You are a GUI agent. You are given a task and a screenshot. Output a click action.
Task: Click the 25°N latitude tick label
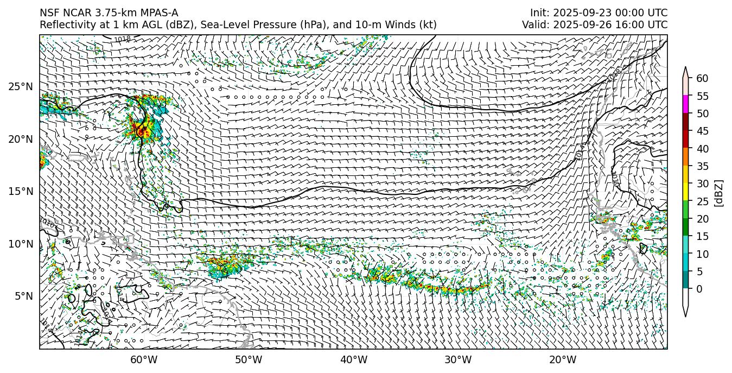[x=20, y=87]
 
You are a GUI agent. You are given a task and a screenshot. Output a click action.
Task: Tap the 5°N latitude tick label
[x=22, y=296]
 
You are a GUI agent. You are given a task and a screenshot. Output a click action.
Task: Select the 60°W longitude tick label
[x=144, y=359]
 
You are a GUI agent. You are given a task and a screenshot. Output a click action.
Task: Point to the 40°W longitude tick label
[x=354, y=359]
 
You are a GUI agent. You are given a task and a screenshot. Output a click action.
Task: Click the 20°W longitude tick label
[x=563, y=359]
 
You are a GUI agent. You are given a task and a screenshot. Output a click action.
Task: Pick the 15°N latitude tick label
[x=20, y=192]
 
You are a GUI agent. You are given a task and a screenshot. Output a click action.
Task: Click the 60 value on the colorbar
[x=702, y=79]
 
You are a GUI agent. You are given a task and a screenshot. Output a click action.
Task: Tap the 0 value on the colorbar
[x=699, y=289]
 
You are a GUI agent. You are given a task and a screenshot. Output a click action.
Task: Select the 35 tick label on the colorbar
[x=702, y=166]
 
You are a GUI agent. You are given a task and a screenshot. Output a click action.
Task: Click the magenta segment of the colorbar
[x=686, y=104]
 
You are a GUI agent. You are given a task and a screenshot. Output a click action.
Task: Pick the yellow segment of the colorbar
[x=686, y=192]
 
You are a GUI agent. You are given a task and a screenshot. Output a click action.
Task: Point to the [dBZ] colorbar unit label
[x=719, y=193]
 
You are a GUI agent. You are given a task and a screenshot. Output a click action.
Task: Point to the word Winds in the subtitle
[x=401, y=25]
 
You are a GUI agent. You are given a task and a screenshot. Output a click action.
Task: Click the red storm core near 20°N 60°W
[x=139, y=130]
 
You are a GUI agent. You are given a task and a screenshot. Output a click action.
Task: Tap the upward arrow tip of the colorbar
[x=686, y=69]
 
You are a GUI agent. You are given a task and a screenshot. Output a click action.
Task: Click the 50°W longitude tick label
[x=249, y=359]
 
